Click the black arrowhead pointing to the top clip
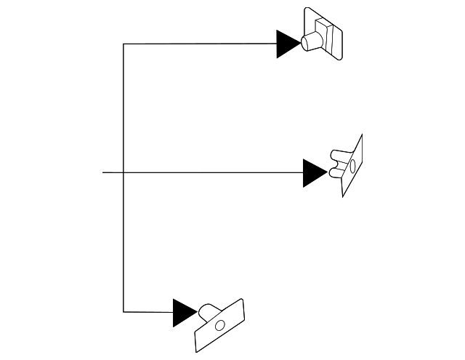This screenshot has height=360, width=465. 287,44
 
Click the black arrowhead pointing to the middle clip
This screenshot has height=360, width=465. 314,173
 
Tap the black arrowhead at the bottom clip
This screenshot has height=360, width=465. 184,313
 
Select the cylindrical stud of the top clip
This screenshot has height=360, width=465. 311,40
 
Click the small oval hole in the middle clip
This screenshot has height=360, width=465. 352,167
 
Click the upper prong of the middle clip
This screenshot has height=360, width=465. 339,155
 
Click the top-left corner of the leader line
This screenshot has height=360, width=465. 124,44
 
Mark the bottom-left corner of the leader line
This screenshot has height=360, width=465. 124,312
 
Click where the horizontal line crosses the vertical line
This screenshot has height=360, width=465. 124,172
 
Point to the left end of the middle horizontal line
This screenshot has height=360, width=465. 104,172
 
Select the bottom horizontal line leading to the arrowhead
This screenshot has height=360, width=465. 148,312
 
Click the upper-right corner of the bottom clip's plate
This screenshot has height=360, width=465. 241,300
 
